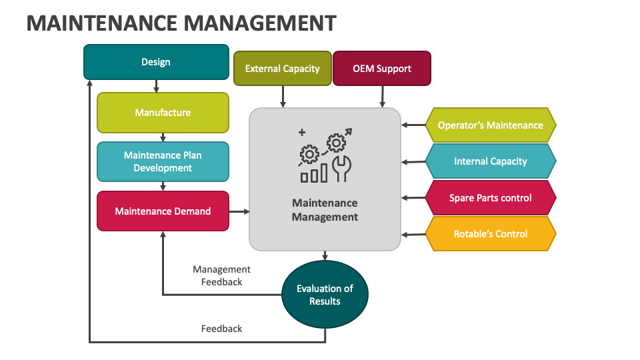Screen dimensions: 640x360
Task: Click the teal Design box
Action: pos(156,62)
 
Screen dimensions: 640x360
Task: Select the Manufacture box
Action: pos(163,113)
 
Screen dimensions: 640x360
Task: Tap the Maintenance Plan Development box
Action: pos(163,161)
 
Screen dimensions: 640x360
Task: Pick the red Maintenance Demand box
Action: pos(163,211)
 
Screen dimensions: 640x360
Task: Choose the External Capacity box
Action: pos(283,69)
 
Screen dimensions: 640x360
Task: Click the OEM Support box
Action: pos(382,69)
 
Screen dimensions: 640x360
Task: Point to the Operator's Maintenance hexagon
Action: pos(491,125)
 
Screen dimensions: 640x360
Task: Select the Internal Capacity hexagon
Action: pos(491,161)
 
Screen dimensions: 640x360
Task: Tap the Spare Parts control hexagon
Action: pos(491,198)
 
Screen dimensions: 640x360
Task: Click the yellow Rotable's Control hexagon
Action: pos(491,234)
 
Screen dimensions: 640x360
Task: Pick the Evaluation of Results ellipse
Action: pos(325,294)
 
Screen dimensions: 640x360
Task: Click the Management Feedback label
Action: pos(221,275)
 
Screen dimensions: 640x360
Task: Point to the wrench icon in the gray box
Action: pos(342,168)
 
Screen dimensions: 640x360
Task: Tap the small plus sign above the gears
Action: pos(302,132)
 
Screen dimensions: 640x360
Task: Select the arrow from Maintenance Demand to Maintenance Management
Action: pos(239,211)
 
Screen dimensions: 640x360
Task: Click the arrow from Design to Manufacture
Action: pos(156,86)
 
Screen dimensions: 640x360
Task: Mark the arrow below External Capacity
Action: pos(283,97)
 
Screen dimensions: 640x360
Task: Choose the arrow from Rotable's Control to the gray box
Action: pos(413,235)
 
